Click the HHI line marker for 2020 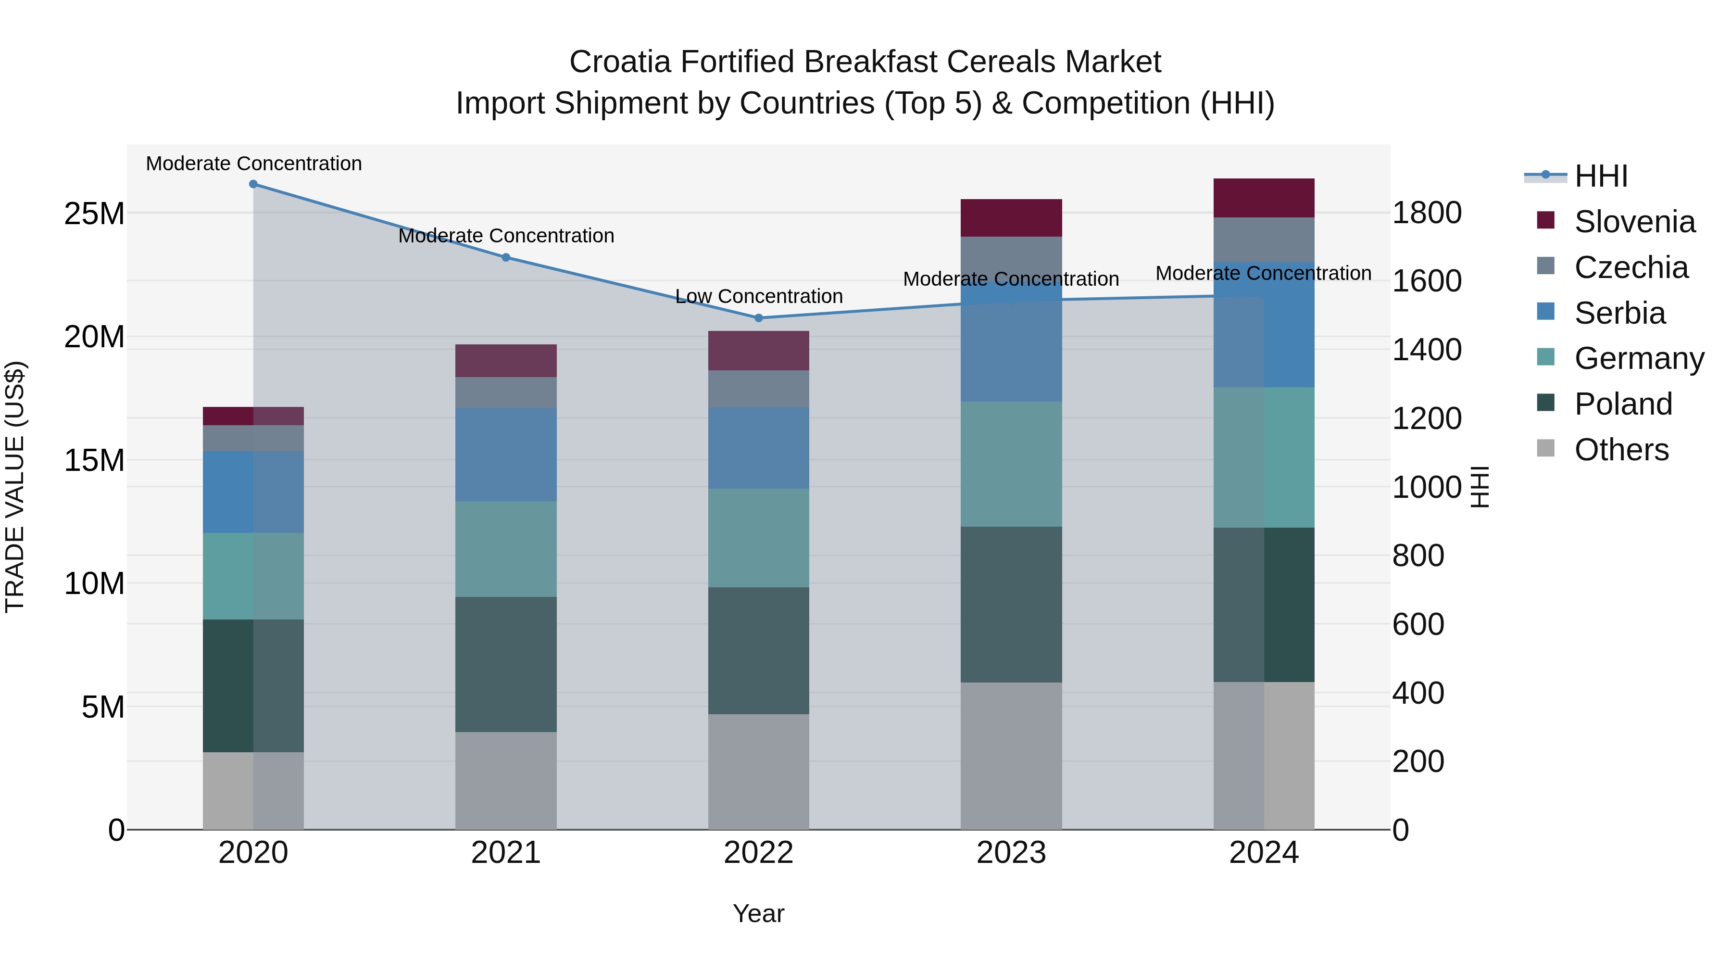(253, 184)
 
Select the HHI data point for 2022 (759, 318)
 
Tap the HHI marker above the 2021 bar (506, 257)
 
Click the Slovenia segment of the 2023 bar (1011, 218)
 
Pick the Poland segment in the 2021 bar (506, 664)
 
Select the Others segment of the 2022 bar (759, 772)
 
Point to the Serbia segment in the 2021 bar (506, 455)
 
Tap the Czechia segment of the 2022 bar (759, 389)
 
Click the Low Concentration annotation (759, 296)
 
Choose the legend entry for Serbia (1619, 313)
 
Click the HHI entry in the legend (1601, 176)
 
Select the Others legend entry (1621, 450)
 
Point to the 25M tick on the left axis (94, 214)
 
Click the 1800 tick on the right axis (1427, 213)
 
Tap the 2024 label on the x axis (1263, 853)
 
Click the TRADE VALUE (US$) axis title (15, 487)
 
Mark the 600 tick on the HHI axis (1418, 624)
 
